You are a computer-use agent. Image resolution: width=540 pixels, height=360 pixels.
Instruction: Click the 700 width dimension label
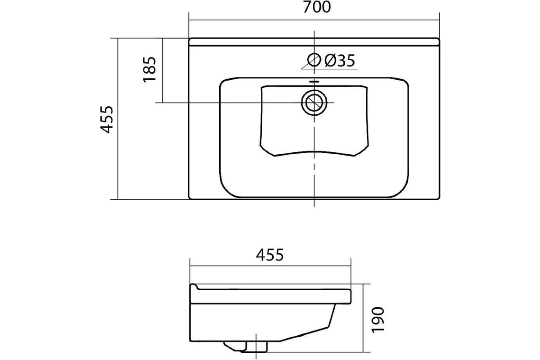[316, 7]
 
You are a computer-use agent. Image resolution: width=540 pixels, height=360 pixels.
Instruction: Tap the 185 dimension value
[149, 69]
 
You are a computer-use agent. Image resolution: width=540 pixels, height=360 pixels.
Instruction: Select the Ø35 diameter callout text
[339, 60]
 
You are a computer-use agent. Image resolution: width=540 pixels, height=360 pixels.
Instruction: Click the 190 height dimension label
[378, 320]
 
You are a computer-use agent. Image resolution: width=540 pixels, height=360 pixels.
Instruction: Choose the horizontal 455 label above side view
[270, 255]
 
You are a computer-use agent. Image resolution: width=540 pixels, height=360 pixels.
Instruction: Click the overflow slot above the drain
[314, 82]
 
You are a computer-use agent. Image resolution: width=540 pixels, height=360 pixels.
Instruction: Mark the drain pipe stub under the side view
[256, 346]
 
